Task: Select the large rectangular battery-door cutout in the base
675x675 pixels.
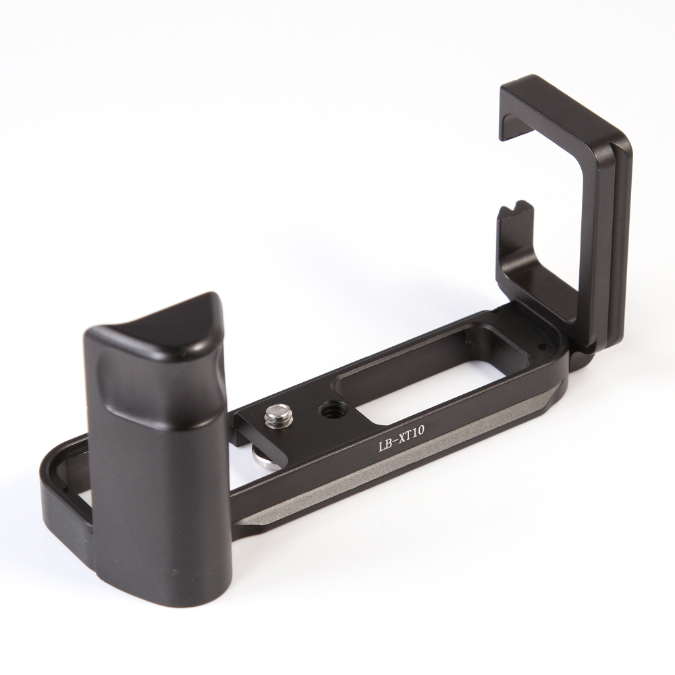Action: click(435, 361)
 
